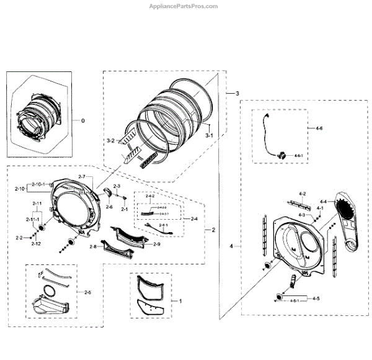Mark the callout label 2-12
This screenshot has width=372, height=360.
[37, 243]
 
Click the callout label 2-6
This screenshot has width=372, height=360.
[109, 207]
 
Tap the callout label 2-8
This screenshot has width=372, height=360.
[93, 246]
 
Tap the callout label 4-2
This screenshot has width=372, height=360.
[303, 194]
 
